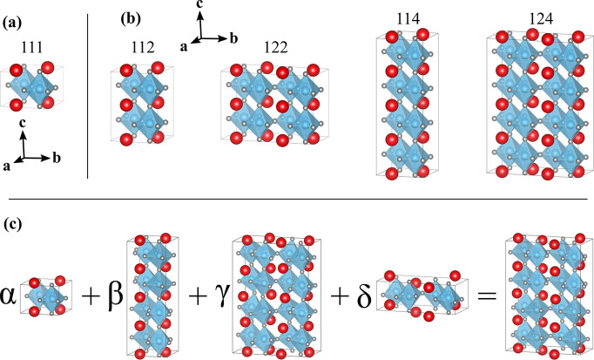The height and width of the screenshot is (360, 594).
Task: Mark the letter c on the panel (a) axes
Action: coord(26,126)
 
